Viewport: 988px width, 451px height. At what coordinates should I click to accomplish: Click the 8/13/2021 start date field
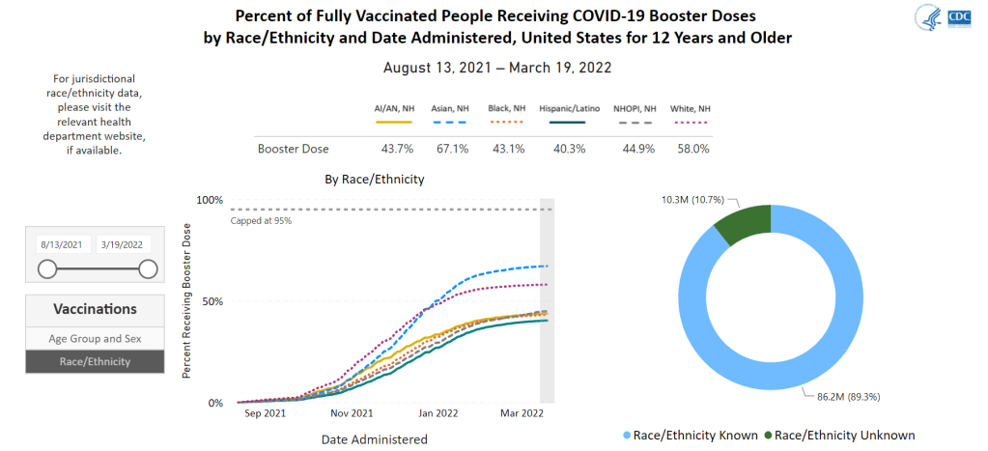[x=60, y=244]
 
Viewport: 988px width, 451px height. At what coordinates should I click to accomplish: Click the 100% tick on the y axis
[x=210, y=200]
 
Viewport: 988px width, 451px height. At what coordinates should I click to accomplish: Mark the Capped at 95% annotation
[x=261, y=221]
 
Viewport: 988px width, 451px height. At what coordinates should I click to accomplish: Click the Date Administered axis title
[x=374, y=439]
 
